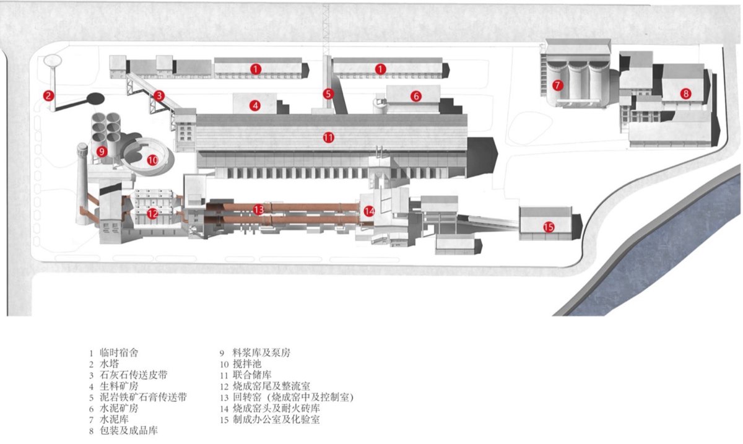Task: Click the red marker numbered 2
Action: point(48,96)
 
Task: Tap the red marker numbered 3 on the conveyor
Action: point(159,96)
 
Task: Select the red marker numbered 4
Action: point(254,106)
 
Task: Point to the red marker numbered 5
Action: point(328,94)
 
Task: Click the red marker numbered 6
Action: point(416,96)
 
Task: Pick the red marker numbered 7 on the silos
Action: point(558,85)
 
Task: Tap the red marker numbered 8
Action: point(685,94)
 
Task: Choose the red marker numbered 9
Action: point(102,152)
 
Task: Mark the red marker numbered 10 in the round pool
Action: point(152,160)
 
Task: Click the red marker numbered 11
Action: point(328,137)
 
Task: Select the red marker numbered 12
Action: point(152,214)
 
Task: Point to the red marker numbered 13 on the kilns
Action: point(258,209)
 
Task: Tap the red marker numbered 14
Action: point(369,211)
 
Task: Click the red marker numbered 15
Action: point(549,227)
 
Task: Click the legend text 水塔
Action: point(109,363)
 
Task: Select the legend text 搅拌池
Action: point(247,363)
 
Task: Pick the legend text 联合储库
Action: point(252,375)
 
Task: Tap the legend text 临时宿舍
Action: point(119,352)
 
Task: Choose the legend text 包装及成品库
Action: point(129,430)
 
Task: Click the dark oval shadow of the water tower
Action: point(95,98)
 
